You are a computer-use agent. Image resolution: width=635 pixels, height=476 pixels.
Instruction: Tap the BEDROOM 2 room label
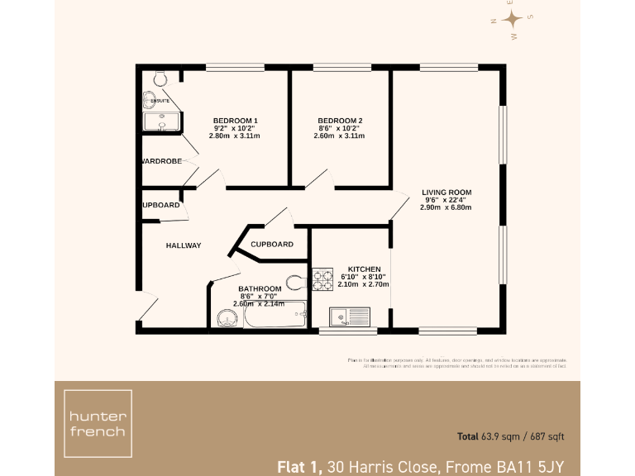pos(340,121)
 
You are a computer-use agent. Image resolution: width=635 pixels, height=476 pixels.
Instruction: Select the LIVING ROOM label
pos(446,191)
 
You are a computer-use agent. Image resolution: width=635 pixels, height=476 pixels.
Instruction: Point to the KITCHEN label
pos(364,269)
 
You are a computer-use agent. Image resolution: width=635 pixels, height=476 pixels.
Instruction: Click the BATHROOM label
pos(260,288)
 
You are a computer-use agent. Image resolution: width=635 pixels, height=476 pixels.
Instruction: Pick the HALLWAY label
pos(183,245)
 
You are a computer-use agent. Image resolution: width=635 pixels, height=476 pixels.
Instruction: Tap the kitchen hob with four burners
pos(322,279)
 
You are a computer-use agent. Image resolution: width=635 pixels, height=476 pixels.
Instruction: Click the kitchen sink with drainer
pos(349,317)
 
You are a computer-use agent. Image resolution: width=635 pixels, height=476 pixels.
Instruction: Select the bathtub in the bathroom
pos(273,316)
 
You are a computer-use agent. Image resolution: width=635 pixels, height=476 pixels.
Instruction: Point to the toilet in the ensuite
pos(160,78)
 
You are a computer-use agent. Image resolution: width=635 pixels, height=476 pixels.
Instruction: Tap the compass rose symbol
pos(513,20)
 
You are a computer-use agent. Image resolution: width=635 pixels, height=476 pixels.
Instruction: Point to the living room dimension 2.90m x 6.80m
pos(446,207)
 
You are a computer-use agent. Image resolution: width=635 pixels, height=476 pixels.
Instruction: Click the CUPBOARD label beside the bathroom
pos(271,245)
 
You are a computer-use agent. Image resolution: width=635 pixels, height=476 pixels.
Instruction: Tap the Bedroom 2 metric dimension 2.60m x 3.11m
pos(340,136)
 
